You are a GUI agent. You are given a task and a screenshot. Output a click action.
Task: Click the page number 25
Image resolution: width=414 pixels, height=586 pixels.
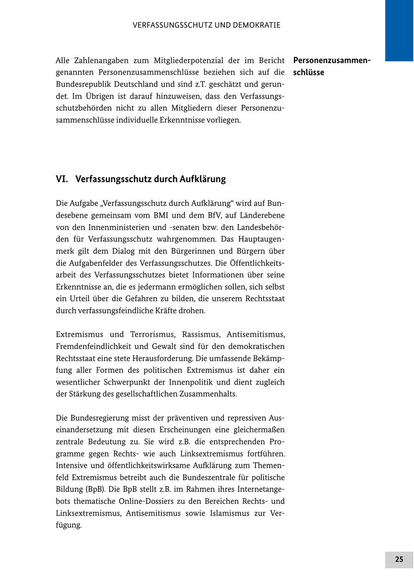pos(399,559)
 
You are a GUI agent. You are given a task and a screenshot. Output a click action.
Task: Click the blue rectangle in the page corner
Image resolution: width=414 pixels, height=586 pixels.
pos(399,30)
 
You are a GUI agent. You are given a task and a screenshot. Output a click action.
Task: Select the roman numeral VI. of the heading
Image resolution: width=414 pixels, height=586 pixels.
pos(62,179)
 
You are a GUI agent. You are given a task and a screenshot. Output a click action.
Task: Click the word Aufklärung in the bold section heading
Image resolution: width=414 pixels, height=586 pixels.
pos(202,179)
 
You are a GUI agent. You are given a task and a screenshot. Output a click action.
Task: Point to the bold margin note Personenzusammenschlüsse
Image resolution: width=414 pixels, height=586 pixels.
pos(331,66)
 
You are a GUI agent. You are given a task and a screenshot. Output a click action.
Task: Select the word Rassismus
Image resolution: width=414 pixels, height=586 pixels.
pos(201,334)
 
